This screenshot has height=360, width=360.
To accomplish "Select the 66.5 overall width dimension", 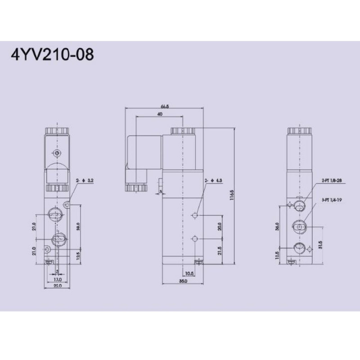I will point(164,107).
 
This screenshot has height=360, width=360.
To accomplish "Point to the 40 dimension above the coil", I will point(159,115).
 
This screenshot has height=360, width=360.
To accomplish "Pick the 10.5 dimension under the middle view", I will point(189,273).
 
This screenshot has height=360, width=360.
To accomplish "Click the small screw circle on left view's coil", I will point(57,153).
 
